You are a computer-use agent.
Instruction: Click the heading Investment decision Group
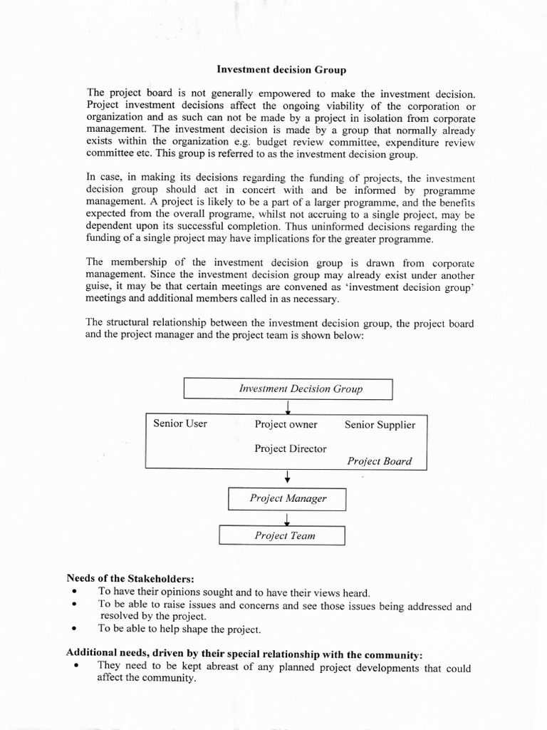[281, 70]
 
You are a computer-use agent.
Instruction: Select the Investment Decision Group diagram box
[288, 389]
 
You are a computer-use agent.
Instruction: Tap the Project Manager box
[287, 499]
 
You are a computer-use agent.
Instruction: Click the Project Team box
[282, 535]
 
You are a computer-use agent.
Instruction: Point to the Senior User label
[180, 423]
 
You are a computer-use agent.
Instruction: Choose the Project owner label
[286, 424]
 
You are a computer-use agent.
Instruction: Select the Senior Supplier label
[380, 424]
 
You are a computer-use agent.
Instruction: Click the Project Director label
[290, 449]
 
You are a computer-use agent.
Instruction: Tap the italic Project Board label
[379, 461]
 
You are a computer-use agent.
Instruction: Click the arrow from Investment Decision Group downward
[288, 406]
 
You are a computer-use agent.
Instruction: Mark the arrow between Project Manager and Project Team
[286, 518]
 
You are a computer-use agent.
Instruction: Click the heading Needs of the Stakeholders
[130, 577]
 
